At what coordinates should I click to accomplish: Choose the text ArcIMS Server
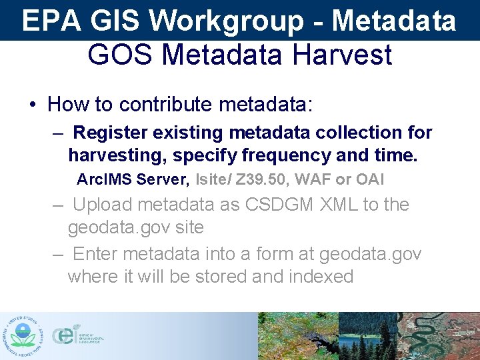133,179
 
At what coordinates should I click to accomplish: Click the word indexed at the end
321,276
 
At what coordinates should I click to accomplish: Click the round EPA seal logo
25,335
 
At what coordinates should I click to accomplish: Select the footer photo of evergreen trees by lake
368,336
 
